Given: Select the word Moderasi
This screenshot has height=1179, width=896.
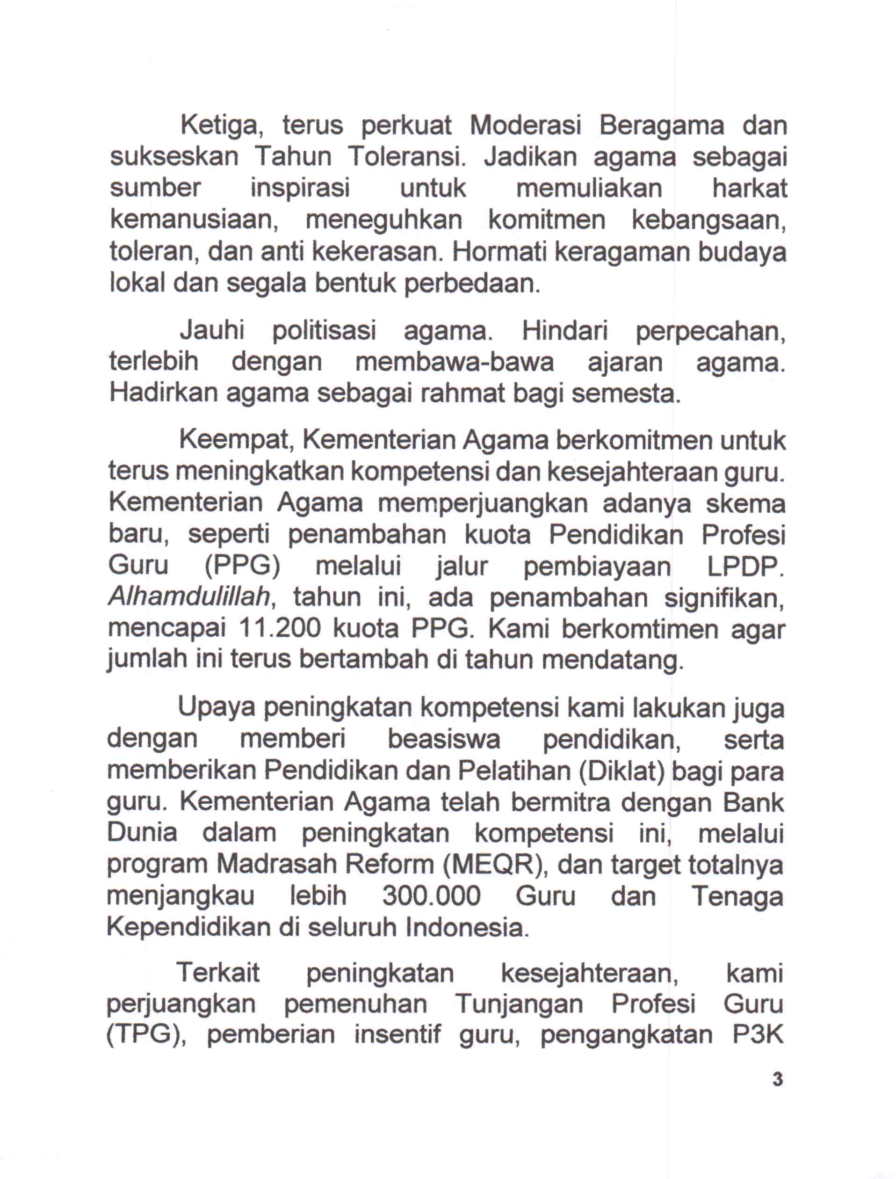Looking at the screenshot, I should pos(525,126).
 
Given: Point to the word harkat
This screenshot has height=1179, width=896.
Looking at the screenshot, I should pos(749,189).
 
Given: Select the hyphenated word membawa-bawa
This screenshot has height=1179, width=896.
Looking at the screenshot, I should pos(455,362).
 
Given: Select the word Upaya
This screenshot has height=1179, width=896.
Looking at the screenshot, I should pos(217,708).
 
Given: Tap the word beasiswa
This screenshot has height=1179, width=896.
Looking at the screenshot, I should pos(444,739).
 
